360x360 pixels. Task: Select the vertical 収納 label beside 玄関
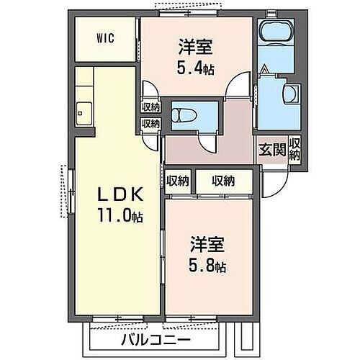point(295,149)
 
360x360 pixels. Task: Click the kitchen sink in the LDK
point(82,112)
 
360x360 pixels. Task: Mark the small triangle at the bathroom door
point(265,71)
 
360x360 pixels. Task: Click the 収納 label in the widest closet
point(223,181)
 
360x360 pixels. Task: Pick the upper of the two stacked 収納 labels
point(150,107)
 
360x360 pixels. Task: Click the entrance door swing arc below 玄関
point(275,184)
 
